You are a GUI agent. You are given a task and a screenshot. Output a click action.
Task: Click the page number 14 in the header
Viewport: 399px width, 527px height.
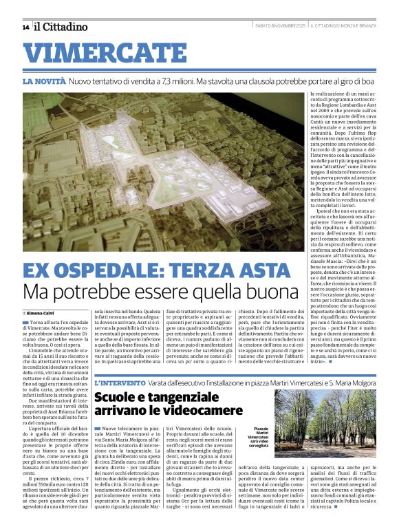click(25, 28)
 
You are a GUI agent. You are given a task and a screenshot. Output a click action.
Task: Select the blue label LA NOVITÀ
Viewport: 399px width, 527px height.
click(44, 81)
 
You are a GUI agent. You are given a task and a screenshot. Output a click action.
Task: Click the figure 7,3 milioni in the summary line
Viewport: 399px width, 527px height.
click(169, 81)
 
